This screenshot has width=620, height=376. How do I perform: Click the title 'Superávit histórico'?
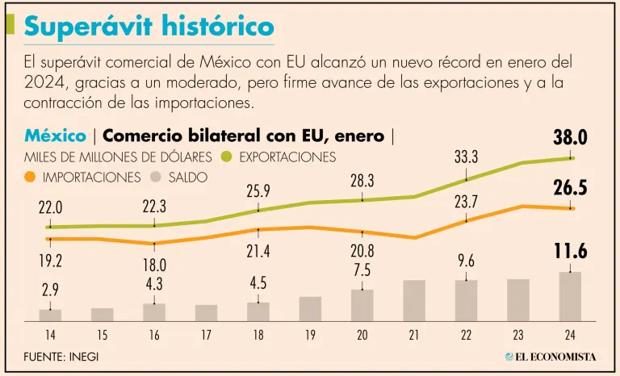pos(149,26)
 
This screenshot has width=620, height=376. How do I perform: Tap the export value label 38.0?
pos(570,138)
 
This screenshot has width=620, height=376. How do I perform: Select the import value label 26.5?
pos(570,188)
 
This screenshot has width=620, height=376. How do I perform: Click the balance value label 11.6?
pos(570,252)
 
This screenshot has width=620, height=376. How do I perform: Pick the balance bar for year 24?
pos(570,296)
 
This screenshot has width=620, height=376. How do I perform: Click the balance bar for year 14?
pos(50,315)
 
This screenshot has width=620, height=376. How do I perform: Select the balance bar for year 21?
pos(414,300)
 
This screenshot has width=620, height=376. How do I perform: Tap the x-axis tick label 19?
pos(310,333)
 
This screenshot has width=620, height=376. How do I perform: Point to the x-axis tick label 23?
pos(518,333)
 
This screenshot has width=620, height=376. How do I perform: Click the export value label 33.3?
pos(466,157)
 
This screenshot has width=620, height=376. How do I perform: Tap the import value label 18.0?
pos(154,265)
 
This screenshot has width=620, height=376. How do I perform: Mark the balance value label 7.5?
pos(362,270)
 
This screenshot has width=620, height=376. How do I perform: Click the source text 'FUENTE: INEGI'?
pos(61,356)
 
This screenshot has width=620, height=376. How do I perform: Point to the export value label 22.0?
pos(50,207)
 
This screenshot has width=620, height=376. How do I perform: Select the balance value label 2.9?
pos(50,290)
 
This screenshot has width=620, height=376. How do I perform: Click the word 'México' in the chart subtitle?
pos(55,136)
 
